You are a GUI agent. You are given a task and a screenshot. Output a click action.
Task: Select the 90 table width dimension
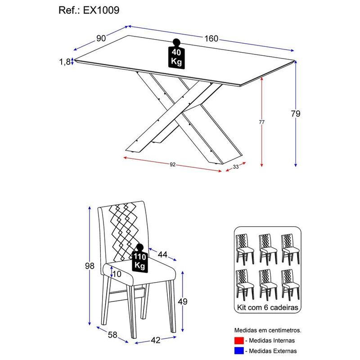101,38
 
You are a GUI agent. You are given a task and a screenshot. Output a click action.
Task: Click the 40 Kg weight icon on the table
176,54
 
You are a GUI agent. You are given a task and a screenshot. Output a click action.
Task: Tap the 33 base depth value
235,167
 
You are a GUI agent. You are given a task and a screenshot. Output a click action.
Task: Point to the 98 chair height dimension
90,266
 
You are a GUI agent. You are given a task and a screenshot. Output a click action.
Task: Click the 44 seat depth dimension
162,255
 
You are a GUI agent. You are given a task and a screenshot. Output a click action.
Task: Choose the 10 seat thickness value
117,274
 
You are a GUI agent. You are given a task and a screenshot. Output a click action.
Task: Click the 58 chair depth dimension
113,335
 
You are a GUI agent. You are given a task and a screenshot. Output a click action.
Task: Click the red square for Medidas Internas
238,340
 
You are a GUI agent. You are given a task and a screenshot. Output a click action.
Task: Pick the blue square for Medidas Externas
238,351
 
